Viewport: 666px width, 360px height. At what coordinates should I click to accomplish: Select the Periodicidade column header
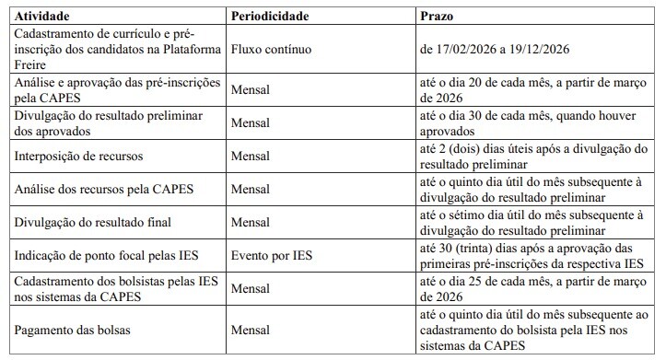pos(269,17)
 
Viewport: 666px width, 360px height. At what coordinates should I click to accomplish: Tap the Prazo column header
pos(437,17)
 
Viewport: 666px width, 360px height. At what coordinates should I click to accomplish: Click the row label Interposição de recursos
pos(79,157)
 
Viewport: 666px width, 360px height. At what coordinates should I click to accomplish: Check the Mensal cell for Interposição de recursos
pos(251,157)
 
